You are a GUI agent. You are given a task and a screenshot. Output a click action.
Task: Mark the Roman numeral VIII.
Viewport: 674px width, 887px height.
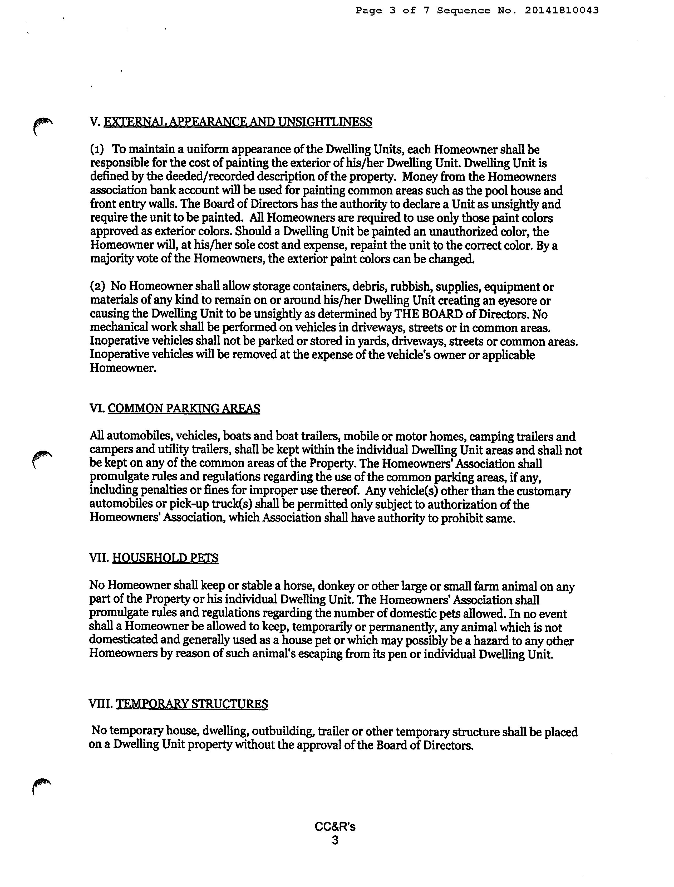pyautogui.click(x=100, y=704)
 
